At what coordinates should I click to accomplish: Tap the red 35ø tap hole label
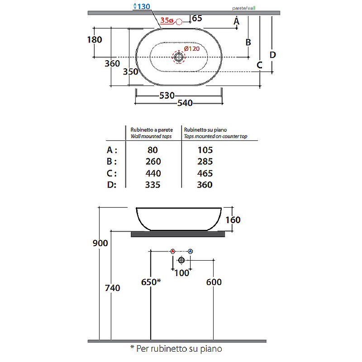(x=167, y=20)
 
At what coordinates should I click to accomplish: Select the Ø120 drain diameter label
(x=192, y=49)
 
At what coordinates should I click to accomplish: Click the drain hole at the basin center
(x=179, y=57)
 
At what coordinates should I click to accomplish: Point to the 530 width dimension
(x=167, y=95)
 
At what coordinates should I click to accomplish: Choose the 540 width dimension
(x=185, y=103)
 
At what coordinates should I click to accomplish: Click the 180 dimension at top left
(x=95, y=40)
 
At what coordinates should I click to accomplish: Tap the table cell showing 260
(x=153, y=162)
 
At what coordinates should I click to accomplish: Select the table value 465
(x=205, y=173)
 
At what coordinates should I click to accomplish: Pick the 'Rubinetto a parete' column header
(x=152, y=130)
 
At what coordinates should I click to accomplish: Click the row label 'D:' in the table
(x=112, y=185)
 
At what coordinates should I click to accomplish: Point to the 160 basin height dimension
(x=233, y=220)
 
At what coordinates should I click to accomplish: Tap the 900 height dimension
(x=100, y=243)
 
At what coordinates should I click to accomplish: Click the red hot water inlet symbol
(x=173, y=251)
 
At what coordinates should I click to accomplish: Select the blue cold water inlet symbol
(x=190, y=251)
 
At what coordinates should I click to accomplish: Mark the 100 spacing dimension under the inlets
(x=182, y=273)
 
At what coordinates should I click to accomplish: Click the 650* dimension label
(x=151, y=282)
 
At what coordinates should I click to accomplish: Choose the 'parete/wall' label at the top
(x=244, y=8)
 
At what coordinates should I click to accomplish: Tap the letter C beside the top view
(x=259, y=65)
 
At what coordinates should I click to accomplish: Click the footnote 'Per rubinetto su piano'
(x=179, y=348)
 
